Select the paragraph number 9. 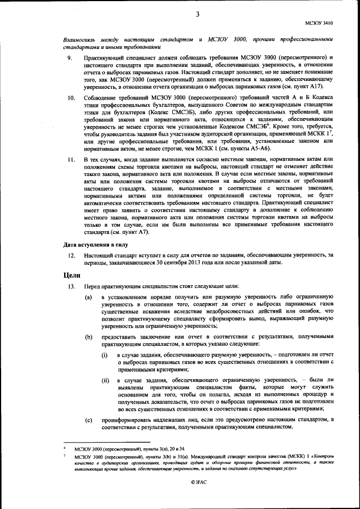(x=69, y=58)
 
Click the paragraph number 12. (x=71, y=255)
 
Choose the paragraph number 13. (x=71, y=287)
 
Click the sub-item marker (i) (x=105, y=356)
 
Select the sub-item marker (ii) (x=105, y=381)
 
